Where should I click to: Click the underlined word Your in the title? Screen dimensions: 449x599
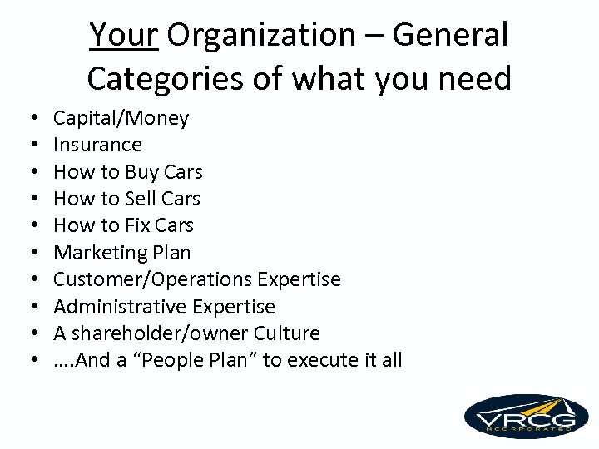pyautogui.click(x=123, y=35)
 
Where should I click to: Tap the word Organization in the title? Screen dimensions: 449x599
pyautogui.click(x=260, y=35)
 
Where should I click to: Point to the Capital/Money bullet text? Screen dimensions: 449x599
pyautogui.click(x=121, y=118)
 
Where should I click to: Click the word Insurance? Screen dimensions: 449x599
pyautogui.click(x=97, y=145)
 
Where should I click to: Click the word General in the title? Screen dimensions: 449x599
pyautogui.click(x=450, y=35)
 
